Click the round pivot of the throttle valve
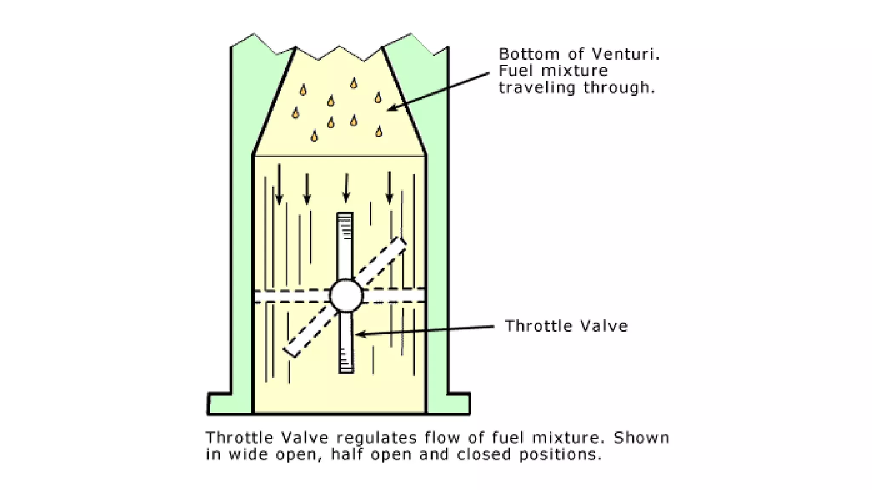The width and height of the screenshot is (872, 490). click(346, 296)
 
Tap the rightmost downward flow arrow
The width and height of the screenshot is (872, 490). click(390, 187)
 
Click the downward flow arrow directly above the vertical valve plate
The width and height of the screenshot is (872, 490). click(346, 187)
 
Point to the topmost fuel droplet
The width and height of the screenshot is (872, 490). click(353, 83)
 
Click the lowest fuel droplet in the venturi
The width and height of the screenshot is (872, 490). click(314, 136)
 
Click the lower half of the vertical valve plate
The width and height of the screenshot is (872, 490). click(346, 342)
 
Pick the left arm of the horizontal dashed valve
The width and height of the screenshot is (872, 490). click(292, 296)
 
